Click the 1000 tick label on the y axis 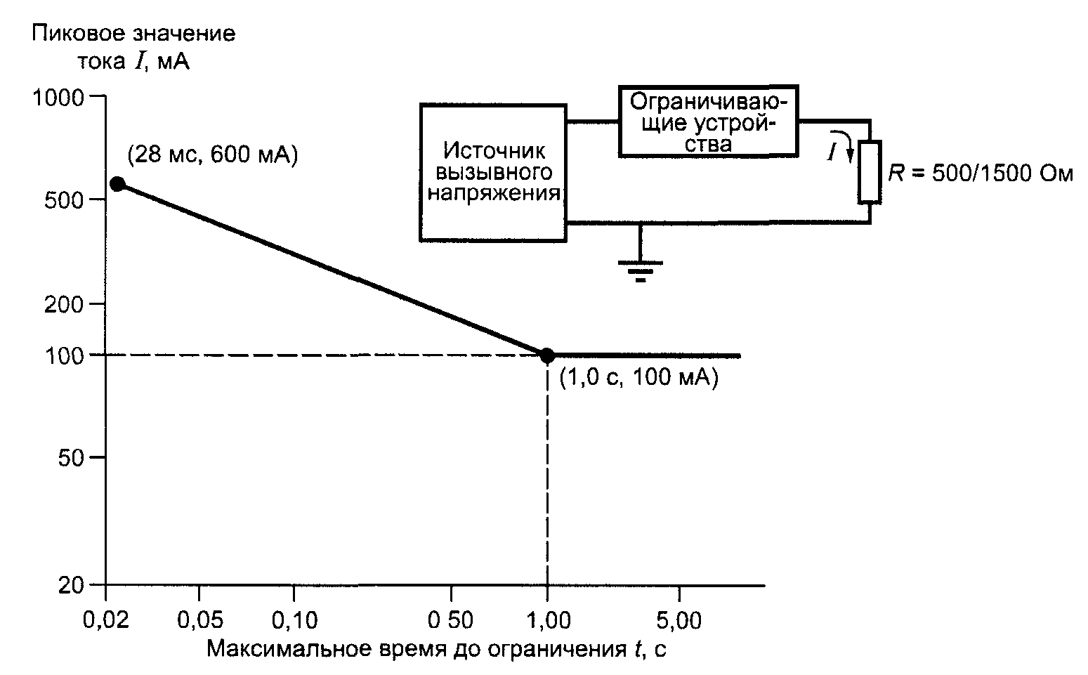(x=58, y=98)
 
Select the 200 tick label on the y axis (x=64, y=304)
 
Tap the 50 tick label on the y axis (x=71, y=457)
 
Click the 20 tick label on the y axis (x=71, y=585)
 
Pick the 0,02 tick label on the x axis (x=106, y=620)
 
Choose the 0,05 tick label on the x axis (x=200, y=620)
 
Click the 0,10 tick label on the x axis (x=294, y=620)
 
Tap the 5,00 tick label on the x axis (x=679, y=620)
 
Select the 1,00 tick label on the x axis (x=548, y=620)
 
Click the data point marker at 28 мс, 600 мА (x=117, y=184)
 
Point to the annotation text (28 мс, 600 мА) (x=213, y=155)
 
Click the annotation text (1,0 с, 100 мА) (x=638, y=377)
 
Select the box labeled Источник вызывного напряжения (x=493, y=172)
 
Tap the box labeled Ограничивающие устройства (x=709, y=121)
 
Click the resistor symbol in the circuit (x=870, y=172)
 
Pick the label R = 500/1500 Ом (x=980, y=173)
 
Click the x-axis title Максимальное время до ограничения (x=417, y=649)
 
